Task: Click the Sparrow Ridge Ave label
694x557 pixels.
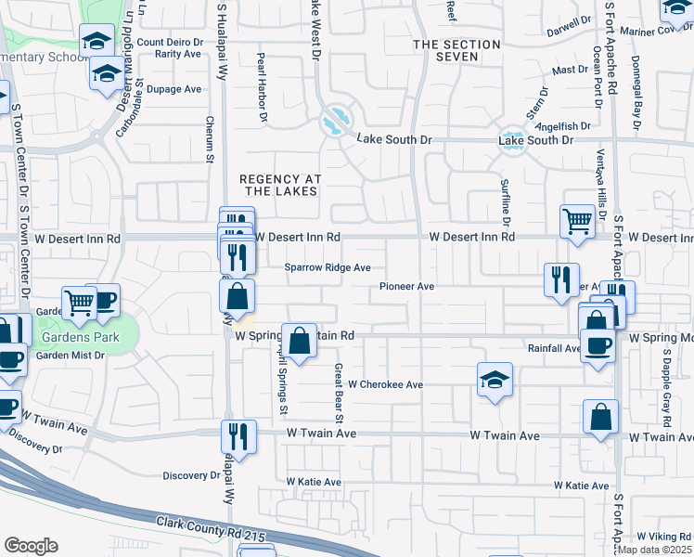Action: pos(328,267)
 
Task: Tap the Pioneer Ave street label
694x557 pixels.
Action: pos(406,287)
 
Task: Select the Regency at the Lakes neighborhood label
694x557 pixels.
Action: pos(279,185)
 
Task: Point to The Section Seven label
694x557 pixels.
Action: pos(445,50)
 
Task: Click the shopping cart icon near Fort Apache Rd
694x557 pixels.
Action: pos(577,222)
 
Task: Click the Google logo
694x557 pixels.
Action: pos(31,546)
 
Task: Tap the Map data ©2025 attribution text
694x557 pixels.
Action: pos(654,550)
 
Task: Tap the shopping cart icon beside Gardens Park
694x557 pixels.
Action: pos(79,301)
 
